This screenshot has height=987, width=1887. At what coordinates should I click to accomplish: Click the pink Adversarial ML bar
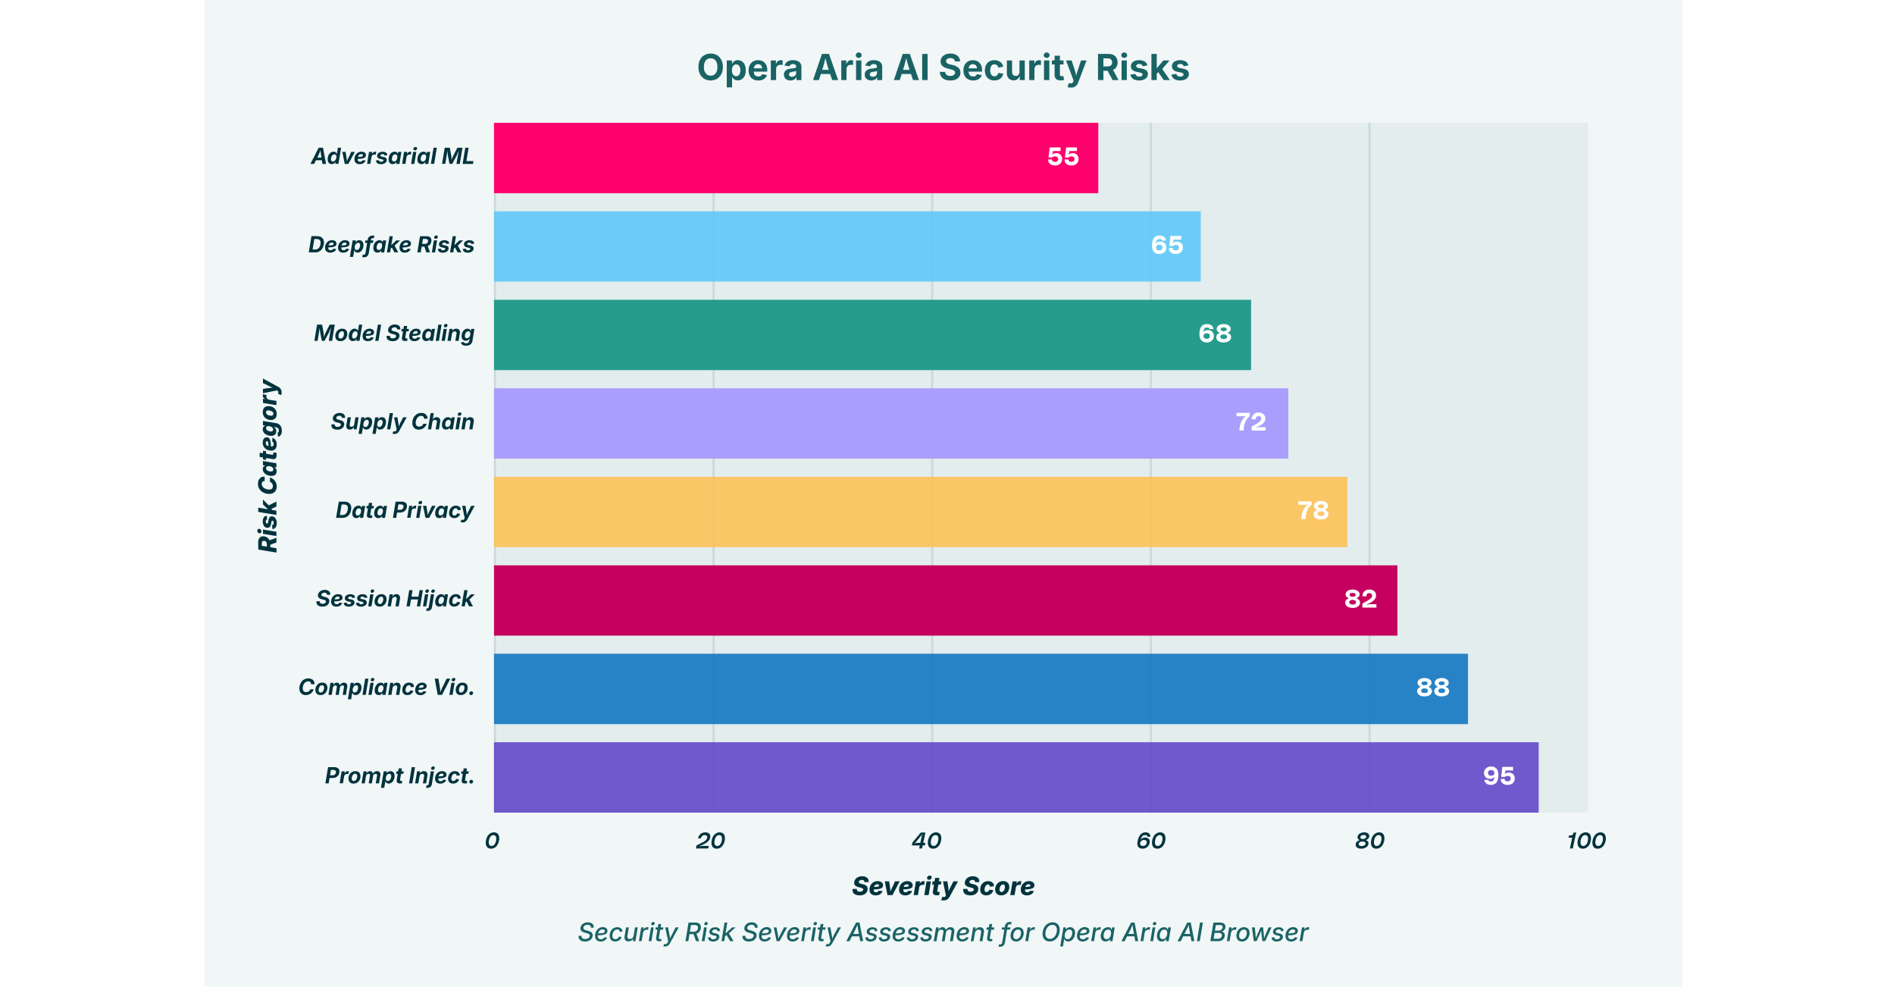[x=796, y=158]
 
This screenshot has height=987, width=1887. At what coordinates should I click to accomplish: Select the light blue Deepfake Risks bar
[x=846, y=246]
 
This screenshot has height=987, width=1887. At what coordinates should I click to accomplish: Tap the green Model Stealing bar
[x=872, y=334]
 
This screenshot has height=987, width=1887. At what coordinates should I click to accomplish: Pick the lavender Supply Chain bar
[x=890, y=423]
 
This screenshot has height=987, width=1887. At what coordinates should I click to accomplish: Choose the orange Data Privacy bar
[x=920, y=512]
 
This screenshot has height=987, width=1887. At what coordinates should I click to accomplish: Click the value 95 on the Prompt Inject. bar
[x=1498, y=776]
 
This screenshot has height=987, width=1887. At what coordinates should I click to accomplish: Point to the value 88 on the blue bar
[x=1432, y=688]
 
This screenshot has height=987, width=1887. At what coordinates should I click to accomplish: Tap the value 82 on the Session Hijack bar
[x=1360, y=599]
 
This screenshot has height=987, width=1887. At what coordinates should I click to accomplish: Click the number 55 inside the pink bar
[x=1062, y=157]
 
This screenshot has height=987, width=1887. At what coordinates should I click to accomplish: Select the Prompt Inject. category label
[x=399, y=776]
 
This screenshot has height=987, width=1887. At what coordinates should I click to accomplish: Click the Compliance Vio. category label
[x=386, y=688]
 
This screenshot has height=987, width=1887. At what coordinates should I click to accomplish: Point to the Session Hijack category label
[x=395, y=599]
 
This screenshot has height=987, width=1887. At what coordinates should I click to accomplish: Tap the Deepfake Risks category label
[x=391, y=245]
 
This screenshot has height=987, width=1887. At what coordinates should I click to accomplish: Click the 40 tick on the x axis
[x=926, y=841]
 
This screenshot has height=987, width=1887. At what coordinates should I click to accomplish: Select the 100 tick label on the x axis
[x=1586, y=841]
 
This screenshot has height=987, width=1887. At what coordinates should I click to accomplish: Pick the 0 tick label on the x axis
[x=493, y=841]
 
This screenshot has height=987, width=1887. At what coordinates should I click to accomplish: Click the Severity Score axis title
[x=943, y=886]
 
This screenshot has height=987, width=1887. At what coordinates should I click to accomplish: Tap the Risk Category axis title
[x=268, y=466]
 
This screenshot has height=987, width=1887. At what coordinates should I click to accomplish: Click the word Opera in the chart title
[x=749, y=68]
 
